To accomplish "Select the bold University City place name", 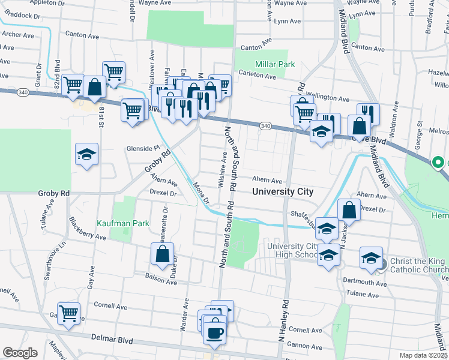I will point(283,192).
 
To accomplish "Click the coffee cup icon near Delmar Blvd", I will point(214,332).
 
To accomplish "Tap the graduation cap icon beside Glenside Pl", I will point(86,155).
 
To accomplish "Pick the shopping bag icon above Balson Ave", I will point(162,254).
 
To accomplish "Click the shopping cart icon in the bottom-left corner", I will point(69,313).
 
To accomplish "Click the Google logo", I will point(20,352).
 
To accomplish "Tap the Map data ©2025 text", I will point(423,355).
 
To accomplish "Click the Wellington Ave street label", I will point(328,98).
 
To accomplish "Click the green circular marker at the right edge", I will point(439,162).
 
